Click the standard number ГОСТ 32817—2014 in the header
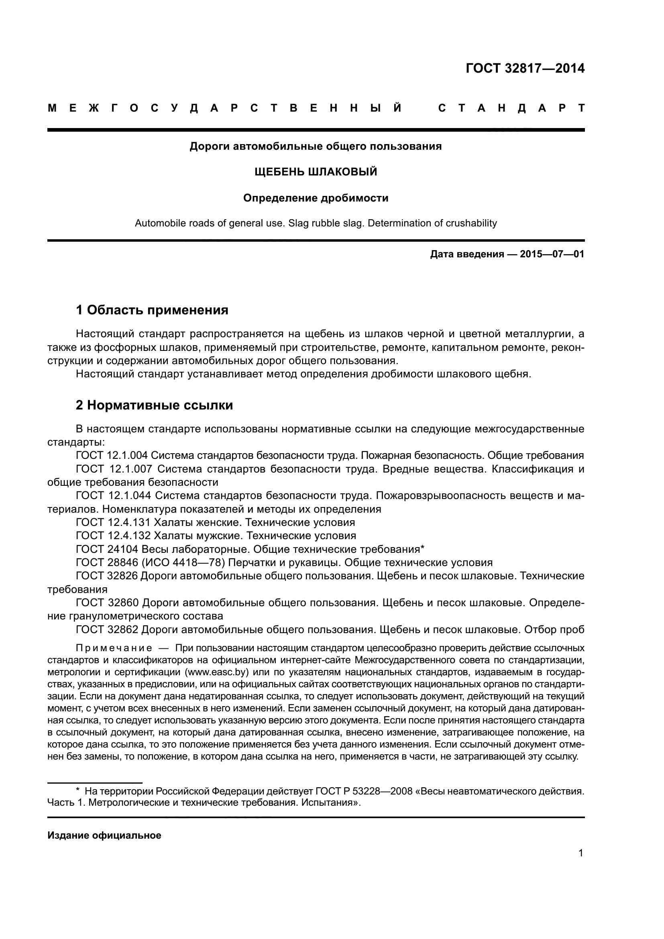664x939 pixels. point(525,68)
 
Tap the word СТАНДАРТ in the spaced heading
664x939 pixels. point(511,108)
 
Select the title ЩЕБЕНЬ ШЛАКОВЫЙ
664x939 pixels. point(316,172)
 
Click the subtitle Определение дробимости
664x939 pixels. point(316,198)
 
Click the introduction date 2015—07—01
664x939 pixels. point(552,255)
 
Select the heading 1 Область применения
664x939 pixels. point(152,310)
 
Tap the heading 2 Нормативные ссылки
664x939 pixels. point(155,405)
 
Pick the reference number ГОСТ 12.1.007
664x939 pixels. point(113,469)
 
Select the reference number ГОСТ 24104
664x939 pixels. point(107,549)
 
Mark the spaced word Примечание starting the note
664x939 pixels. point(114,648)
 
